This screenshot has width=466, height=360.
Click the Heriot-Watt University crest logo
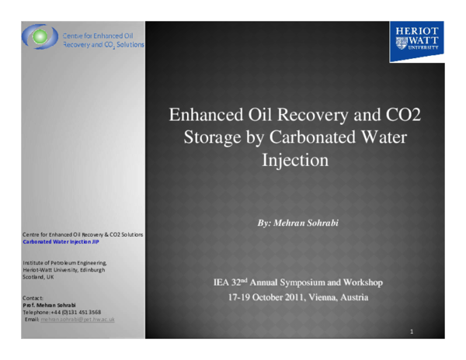(416, 42)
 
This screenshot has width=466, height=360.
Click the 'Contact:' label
(33, 298)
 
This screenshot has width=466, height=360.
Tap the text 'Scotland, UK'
(39, 277)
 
